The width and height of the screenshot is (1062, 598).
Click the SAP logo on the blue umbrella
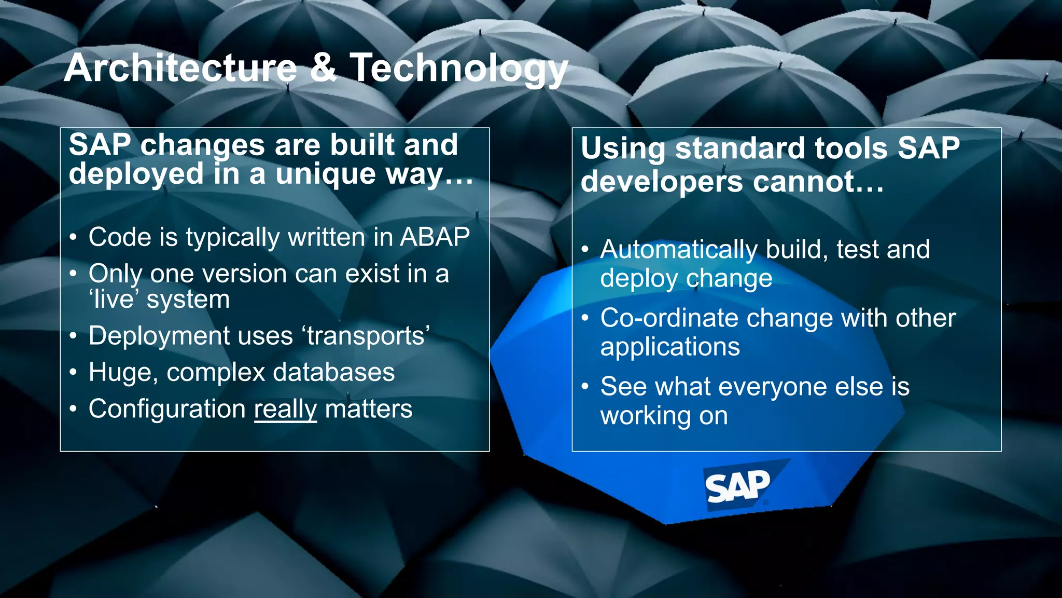(737, 486)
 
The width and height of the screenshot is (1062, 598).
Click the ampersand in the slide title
(323, 67)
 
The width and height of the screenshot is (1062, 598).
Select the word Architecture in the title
(180, 67)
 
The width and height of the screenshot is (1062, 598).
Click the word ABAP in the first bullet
(435, 237)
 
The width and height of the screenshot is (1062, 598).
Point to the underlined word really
(285, 409)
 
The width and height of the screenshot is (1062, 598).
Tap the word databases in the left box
(333, 372)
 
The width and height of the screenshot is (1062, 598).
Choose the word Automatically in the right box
(679, 250)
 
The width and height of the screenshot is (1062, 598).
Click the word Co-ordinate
(669, 318)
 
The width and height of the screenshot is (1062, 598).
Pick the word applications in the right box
(669, 347)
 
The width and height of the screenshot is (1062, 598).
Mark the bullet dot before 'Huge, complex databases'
(74, 372)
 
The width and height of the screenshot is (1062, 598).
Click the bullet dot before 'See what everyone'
(585, 387)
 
